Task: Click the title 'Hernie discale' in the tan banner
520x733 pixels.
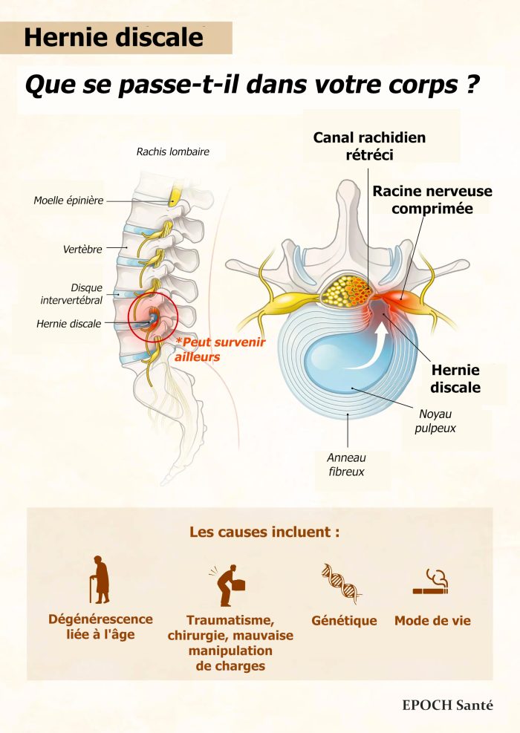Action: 114,38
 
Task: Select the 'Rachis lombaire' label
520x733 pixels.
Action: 172,152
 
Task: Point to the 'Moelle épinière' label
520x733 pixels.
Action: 68,201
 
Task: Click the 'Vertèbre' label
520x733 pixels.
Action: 82,250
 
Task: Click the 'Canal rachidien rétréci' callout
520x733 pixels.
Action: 369,146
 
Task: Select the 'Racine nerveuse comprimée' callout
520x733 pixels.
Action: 432,200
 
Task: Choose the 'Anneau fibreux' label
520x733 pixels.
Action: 346,465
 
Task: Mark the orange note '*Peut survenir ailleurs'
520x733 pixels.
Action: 219,349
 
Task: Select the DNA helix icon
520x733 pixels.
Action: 341,583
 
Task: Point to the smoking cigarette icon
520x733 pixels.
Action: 432,583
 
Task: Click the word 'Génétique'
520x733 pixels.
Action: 344,621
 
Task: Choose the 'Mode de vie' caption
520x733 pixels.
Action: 432,621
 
